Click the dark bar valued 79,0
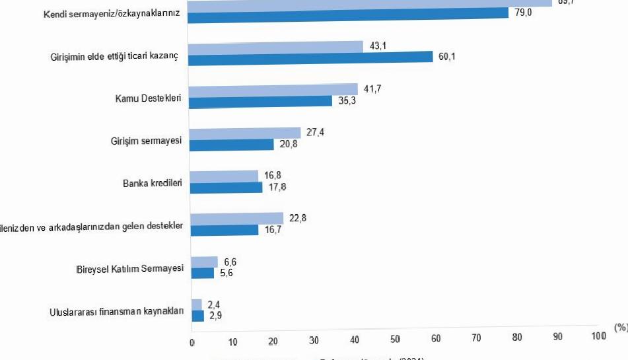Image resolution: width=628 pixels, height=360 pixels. [348, 13]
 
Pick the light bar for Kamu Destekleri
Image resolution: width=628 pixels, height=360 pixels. [273, 89]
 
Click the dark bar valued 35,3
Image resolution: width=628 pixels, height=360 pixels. [261, 100]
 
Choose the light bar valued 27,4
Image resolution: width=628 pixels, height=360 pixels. [245, 133]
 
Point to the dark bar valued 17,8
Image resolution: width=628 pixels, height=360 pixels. [227, 187]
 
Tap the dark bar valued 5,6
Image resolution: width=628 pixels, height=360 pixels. [203, 273]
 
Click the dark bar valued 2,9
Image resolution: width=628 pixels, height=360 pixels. [198, 316]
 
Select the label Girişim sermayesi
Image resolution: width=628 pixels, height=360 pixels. [146, 141]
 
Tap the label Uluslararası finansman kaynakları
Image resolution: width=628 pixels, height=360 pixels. [116, 312]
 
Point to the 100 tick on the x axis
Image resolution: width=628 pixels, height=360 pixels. [598, 336]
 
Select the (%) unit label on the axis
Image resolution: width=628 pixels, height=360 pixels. [620, 327]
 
